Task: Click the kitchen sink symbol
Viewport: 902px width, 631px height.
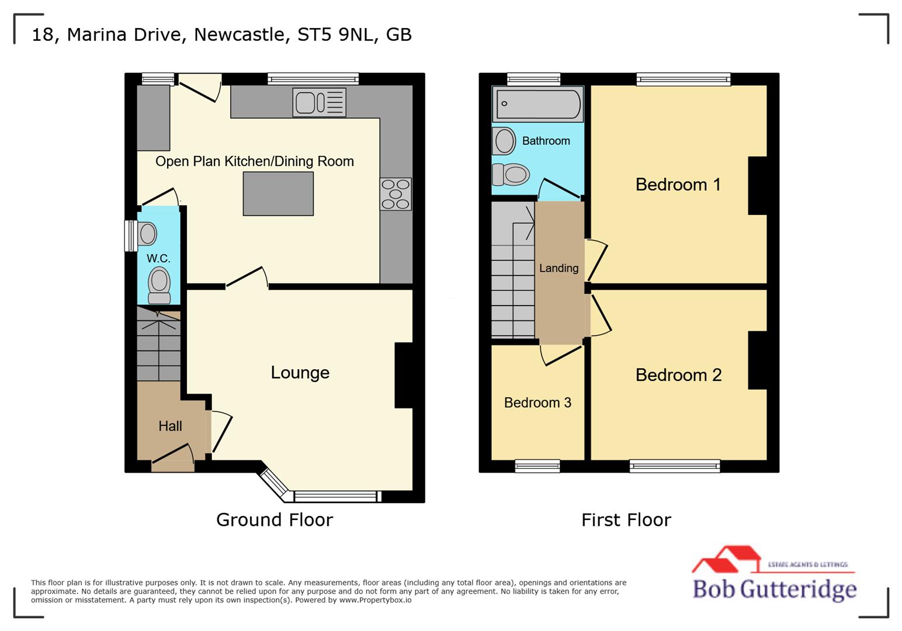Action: [x=319, y=102]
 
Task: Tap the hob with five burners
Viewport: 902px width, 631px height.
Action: [x=396, y=194]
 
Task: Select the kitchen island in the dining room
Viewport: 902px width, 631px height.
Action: [x=278, y=195]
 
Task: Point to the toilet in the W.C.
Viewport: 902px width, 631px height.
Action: [x=159, y=285]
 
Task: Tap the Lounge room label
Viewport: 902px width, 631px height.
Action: [x=300, y=373]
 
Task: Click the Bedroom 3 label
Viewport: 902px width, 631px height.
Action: [x=537, y=403]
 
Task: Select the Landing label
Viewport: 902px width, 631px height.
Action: [x=558, y=268]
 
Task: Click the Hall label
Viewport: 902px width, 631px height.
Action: [x=170, y=426]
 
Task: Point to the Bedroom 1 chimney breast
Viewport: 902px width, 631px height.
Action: [x=758, y=185]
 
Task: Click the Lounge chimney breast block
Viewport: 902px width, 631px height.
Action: [x=404, y=375]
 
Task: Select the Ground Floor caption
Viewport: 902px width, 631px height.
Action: [x=275, y=519]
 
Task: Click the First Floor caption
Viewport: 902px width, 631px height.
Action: [x=626, y=519]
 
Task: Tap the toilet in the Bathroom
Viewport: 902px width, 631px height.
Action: [x=511, y=174]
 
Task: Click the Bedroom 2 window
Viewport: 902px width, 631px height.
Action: [x=675, y=466]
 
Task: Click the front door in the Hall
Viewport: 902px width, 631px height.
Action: [x=173, y=460]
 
